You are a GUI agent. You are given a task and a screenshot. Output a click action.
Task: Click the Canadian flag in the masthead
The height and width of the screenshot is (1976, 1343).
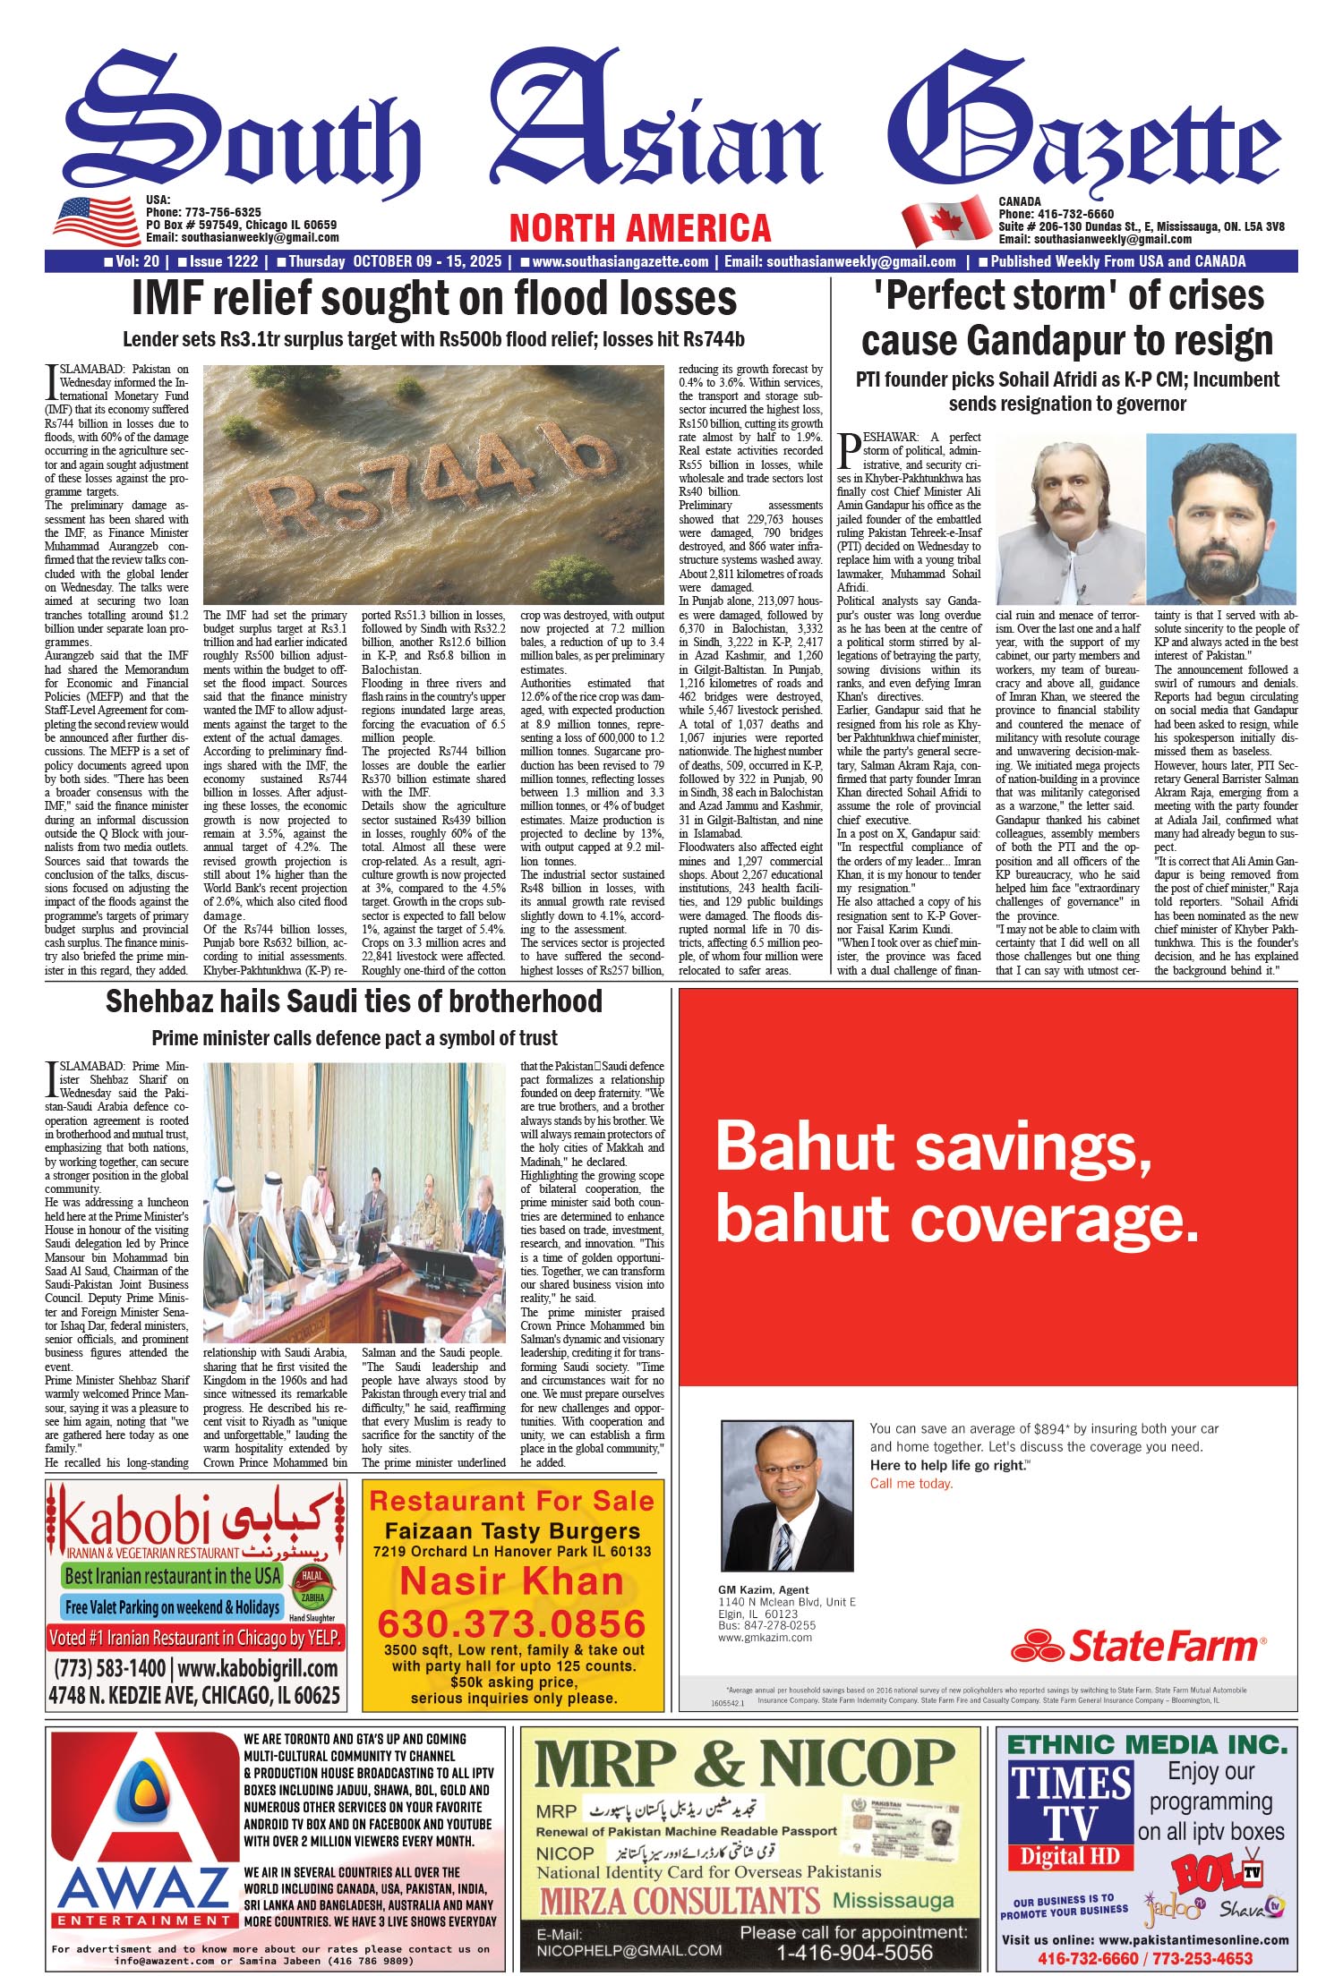point(946,223)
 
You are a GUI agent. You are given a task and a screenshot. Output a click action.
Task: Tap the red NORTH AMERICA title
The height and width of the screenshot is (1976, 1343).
point(639,228)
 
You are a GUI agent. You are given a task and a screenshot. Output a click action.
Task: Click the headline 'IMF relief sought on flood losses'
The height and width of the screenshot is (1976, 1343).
point(434,299)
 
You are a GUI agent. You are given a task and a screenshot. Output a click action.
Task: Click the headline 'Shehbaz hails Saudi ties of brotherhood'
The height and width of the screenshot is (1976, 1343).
point(354,1001)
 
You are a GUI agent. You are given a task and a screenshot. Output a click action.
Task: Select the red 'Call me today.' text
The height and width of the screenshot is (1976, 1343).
point(911,1483)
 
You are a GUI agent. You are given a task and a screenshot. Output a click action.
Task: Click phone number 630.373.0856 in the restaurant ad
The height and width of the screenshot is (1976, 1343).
point(511,1623)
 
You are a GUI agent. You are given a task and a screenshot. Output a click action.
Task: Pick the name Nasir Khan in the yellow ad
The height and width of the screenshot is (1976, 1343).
point(511,1582)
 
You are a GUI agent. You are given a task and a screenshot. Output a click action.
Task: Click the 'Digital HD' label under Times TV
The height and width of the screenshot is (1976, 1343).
point(1070,1855)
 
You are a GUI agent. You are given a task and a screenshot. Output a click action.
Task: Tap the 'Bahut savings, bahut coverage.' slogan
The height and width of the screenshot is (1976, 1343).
point(956,1181)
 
